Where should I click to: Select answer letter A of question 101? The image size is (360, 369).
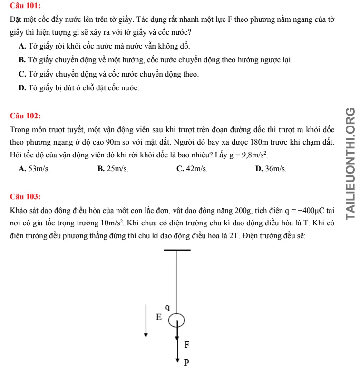[22, 47]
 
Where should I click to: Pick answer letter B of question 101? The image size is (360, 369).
[22, 60]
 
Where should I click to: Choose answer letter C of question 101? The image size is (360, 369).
[22, 74]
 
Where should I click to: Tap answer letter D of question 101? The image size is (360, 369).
[22, 88]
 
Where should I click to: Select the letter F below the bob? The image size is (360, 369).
[187, 344]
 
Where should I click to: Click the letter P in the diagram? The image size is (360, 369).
[187, 363]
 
